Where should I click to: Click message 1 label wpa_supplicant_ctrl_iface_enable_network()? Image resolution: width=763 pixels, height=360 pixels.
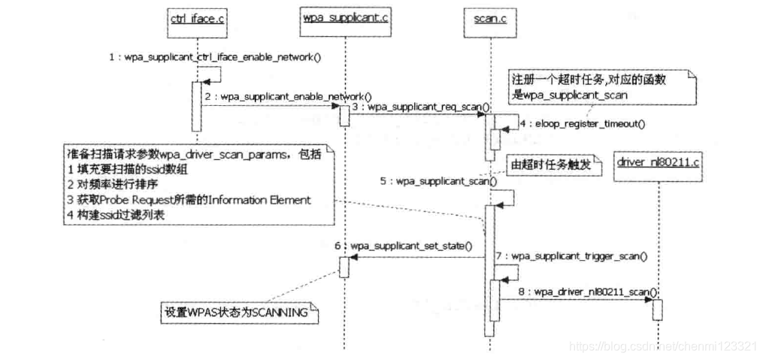[x=215, y=56]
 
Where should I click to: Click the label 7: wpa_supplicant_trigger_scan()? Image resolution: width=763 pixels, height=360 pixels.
[x=572, y=256]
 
